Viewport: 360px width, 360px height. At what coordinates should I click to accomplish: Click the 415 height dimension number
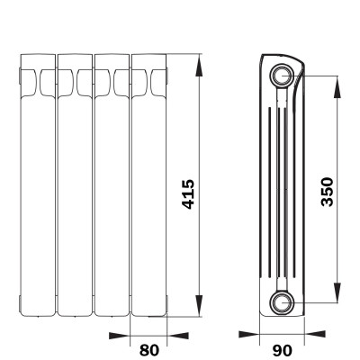tap(188, 194)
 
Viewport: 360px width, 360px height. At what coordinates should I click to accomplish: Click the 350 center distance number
tap(327, 192)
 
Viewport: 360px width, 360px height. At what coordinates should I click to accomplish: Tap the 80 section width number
tap(149, 350)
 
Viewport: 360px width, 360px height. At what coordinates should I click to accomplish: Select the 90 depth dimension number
tap(282, 350)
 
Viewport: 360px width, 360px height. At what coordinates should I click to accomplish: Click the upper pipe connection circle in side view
tap(282, 76)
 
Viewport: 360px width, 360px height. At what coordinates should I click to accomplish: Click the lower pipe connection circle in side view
tap(282, 302)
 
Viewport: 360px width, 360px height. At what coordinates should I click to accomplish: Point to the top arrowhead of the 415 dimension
tap(199, 67)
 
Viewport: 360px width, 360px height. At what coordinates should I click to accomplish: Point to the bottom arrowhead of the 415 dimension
tap(199, 305)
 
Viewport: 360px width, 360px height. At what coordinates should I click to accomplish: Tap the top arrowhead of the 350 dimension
tap(337, 87)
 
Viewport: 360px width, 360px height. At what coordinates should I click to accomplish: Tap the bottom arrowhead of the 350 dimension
tap(337, 292)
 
